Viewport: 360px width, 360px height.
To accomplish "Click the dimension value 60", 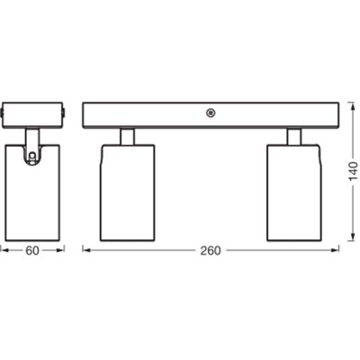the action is tap(32, 250).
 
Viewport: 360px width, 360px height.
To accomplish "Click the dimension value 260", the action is tap(211, 250).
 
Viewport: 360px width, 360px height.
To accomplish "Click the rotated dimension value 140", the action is tap(355, 171).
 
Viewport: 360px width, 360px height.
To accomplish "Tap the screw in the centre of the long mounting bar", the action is tap(211, 113).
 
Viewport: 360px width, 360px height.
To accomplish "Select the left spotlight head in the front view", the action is tap(128, 193).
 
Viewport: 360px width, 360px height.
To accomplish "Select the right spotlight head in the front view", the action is tap(294, 193).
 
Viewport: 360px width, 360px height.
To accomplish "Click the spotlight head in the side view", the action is tap(32, 193).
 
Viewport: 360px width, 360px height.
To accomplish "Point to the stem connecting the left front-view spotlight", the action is tap(128, 137).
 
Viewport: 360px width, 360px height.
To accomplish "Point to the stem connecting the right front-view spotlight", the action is tap(294, 137).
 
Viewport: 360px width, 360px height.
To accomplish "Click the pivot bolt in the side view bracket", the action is tap(32, 156).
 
